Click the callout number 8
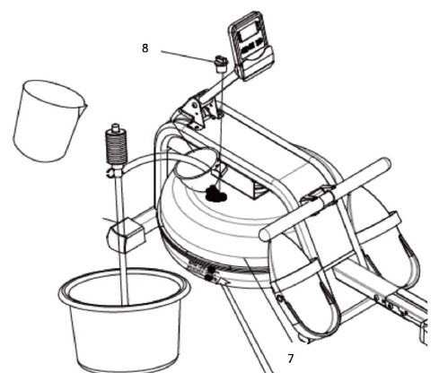(145, 48)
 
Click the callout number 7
(291, 358)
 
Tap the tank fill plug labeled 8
(221, 64)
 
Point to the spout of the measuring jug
(84, 105)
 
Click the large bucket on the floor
(124, 320)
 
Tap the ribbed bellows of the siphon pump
(117, 146)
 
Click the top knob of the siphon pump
(115, 127)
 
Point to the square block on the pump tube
(126, 235)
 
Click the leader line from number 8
(189, 56)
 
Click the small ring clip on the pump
(110, 173)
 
